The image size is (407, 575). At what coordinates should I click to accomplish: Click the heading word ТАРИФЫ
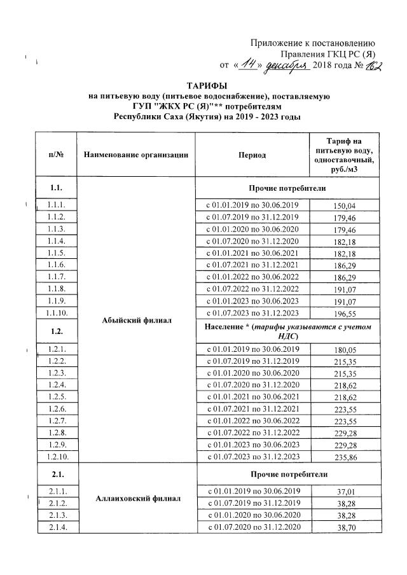click(208, 85)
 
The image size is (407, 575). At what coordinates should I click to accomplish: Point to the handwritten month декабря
click(286, 65)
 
